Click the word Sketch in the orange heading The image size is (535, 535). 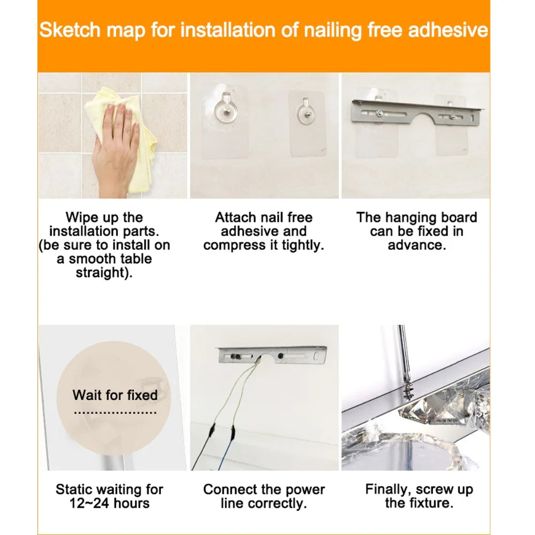pos(70,30)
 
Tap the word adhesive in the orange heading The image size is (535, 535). pos(448,30)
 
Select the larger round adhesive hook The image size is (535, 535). pos(226,106)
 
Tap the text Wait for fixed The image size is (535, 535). pos(115,395)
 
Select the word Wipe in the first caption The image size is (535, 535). pos(82,218)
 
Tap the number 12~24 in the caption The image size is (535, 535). pos(89,503)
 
